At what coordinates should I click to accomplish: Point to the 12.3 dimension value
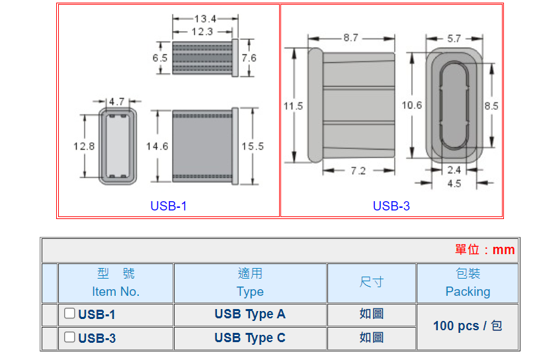click(x=202, y=31)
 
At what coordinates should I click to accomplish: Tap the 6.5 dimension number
click(x=160, y=58)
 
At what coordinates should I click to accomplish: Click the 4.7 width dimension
click(x=117, y=101)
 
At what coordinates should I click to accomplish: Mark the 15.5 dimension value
click(x=252, y=146)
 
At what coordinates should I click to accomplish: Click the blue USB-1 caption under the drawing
click(x=169, y=206)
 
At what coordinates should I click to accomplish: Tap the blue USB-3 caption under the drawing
click(x=392, y=206)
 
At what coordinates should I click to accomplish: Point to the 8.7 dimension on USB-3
click(x=351, y=38)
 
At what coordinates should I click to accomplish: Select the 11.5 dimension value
click(x=293, y=106)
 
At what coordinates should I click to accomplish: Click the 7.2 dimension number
click(x=358, y=171)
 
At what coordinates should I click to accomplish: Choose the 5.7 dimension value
click(x=454, y=39)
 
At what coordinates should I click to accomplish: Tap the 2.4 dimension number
click(x=454, y=170)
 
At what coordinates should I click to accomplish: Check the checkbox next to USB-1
click(x=69, y=314)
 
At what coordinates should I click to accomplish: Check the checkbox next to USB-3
click(x=69, y=337)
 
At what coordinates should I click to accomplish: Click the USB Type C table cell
click(x=250, y=338)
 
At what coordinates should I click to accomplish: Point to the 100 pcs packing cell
click(x=468, y=326)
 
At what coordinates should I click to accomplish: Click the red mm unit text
click(x=503, y=249)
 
